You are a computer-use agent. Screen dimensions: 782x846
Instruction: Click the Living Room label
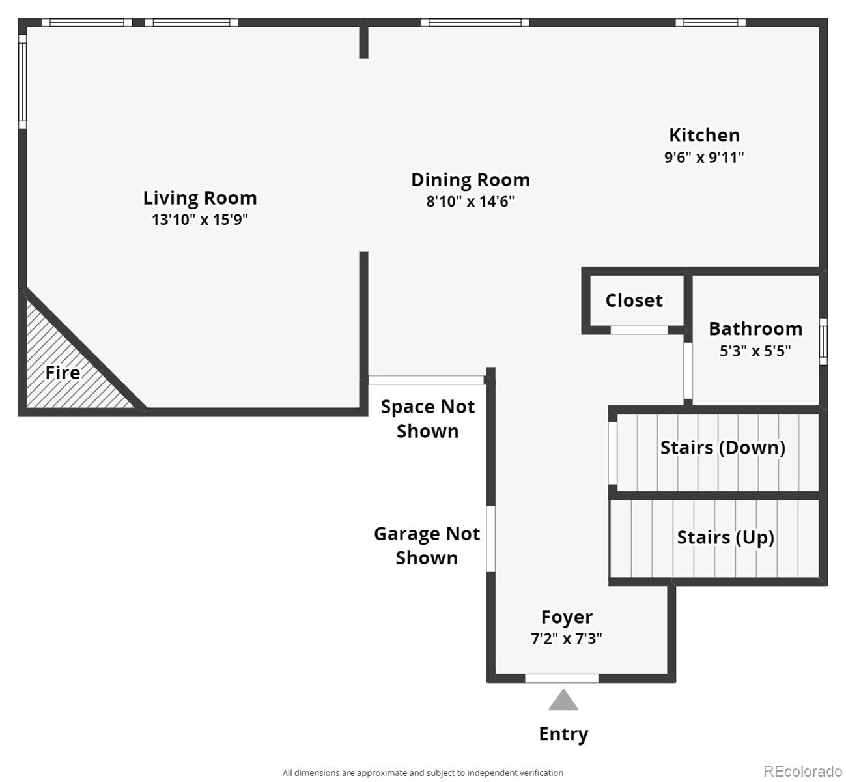(200, 198)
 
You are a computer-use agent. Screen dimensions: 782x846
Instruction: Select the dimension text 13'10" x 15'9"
(200, 220)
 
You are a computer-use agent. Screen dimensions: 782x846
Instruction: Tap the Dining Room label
(470, 180)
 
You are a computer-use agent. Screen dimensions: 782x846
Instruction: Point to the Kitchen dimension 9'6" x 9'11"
(704, 157)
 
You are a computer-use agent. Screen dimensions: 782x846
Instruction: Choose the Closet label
(634, 300)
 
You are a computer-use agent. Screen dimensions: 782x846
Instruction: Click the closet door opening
(639, 330)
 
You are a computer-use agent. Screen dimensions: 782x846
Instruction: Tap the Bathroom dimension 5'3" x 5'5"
(755, 351)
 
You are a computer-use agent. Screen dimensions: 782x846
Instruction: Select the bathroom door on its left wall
(688, 369)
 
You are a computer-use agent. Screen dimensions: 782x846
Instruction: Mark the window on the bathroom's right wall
(823, 341)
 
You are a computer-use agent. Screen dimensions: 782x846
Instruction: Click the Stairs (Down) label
(722, 448)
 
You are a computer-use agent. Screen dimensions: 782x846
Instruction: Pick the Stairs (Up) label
(726, 538)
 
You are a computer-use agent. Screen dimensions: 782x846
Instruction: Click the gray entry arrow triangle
(563, 701)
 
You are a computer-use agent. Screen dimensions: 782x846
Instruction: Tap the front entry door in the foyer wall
(561, 678)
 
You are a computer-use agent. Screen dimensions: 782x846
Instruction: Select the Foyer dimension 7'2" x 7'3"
(566, 639)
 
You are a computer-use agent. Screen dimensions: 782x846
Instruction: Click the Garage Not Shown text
(427, 545)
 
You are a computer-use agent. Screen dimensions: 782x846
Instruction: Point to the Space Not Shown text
(427, 418)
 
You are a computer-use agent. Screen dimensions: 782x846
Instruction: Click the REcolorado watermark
(802, 771)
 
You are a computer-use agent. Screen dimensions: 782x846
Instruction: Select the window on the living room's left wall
(22, 81)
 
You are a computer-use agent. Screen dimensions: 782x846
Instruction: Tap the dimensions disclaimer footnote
(423, 773)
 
